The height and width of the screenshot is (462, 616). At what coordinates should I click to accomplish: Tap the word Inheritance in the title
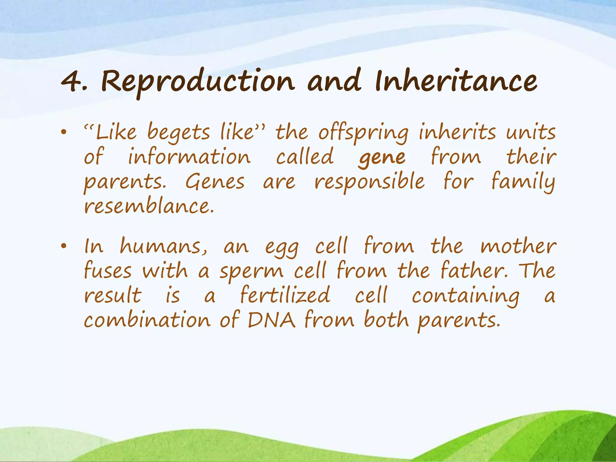pos(456,81)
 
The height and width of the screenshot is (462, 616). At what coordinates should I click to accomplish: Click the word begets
pos(179,133)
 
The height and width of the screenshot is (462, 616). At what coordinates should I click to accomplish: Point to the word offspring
pos(363,133)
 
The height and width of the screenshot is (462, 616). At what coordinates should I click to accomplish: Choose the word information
pos(189,157)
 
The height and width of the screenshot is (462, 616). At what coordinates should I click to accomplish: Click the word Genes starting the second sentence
pos(215,182)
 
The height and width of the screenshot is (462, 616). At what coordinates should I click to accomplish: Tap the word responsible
pos(369,182)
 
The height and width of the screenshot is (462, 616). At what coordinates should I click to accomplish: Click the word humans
pos(163,247)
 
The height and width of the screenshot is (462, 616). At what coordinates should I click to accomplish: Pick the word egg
pos(282,248)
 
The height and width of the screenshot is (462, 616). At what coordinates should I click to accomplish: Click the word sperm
pos(251,272)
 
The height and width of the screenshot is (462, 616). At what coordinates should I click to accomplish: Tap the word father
pos(474,270)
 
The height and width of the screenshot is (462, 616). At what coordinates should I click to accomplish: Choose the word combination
pos(147,320)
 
